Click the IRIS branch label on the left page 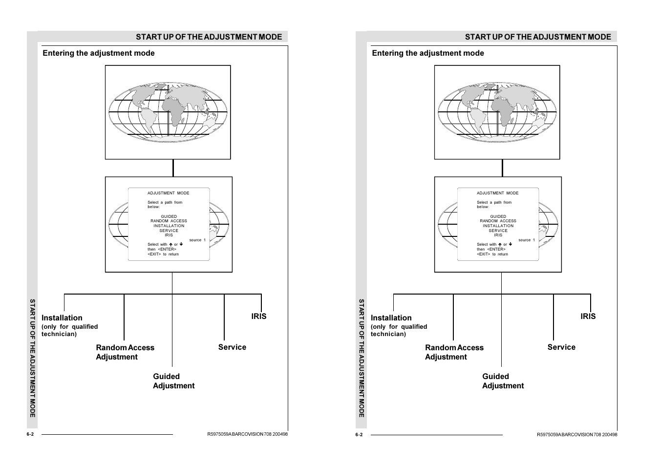click(x=259, y=317)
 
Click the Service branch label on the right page click(x=561, y=347)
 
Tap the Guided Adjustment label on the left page click(x=173, y=381)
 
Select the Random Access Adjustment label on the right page click(x=454, y=352)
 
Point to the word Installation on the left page click(x=62, y=318)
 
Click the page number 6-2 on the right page click(x=359, y=435)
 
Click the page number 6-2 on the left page click(x=30, y=434)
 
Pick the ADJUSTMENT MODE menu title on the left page click(x=168, y=193)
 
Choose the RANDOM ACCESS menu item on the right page click(x=498, y=221)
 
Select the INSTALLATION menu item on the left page click(x=169, y=226)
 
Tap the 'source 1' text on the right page click(x=527, y=240)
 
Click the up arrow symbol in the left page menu click(x=170, y=245)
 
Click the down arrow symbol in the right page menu click(x=511, y=244)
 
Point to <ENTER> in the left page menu click(x=167, y=250)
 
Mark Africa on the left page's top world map click(x=174, y=111)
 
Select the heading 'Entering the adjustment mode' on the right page click(x=428, y=53)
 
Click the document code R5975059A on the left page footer click(x=219, y=434)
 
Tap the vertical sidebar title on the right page click(x=362, y=358)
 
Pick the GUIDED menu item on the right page click(x=498, y=216)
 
